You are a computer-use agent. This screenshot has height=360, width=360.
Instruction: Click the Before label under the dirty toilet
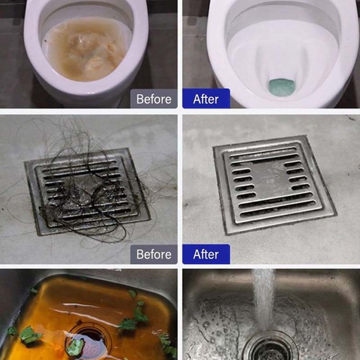click(x=153, y=99)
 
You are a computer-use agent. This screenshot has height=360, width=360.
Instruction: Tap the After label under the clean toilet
click(x=206, y=99)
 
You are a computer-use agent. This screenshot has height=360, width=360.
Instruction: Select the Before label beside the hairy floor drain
click(x=153, y=254)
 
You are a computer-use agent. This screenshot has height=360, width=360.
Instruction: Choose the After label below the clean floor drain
click(x=206, y=254)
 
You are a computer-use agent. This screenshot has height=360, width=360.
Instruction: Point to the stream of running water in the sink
click(x=264, y=301)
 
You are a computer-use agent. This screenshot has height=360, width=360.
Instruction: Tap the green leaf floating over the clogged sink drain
click(x=75, y=346)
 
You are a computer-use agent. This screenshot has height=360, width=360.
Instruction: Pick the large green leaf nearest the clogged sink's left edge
click(x=30, y=334)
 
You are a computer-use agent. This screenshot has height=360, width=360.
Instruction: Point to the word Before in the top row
click(x=153, y=99)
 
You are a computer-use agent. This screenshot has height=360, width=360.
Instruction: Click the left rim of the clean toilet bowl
click(x=217, y=53)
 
